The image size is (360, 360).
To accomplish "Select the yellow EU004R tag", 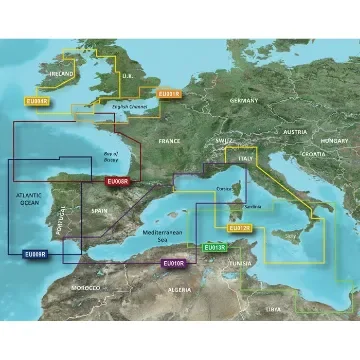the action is pos(36,100).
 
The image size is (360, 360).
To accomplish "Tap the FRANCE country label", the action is pos(168,142).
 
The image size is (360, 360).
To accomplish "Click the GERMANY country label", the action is pos(244,101).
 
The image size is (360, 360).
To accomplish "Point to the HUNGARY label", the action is pos(334,141).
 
